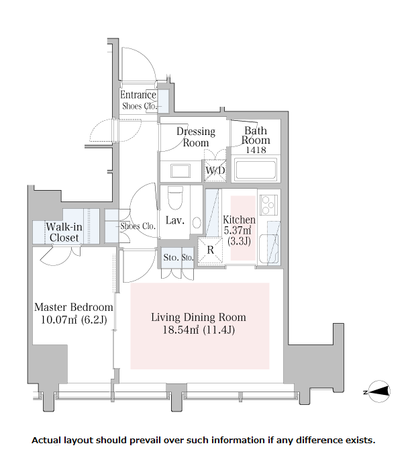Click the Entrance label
pos(138,95)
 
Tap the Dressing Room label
pos(196,136)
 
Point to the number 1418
pos(255,150)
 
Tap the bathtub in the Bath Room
pos(256,171)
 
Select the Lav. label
pos(175,220)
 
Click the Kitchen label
pos(240,220)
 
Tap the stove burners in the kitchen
pos(269,201)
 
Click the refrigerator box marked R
pos(209,250)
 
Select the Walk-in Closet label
pos(64,232)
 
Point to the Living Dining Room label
pos(198,317)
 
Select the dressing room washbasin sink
pos(180,171)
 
